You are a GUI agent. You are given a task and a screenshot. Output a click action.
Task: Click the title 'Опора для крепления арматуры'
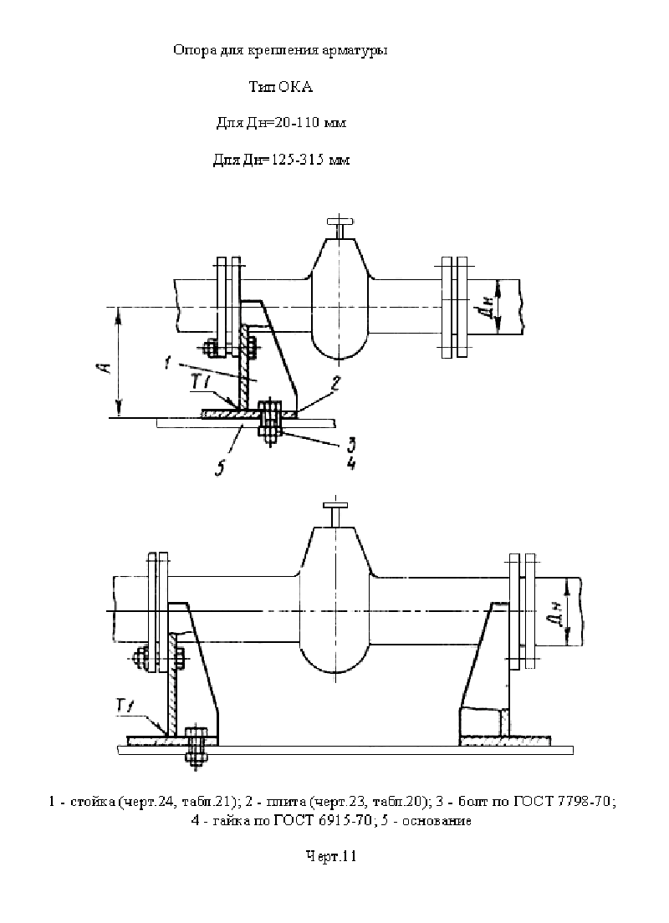[x=280, y=51]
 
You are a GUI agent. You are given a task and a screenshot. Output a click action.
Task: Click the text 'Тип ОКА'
[x=280, y=88]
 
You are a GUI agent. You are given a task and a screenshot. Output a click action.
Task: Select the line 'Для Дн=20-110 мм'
[x=281, y=123]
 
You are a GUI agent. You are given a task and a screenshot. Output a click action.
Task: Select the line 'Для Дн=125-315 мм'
[x=281, y=160]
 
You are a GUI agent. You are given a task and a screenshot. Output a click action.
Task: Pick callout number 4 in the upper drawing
[x=351, y=462]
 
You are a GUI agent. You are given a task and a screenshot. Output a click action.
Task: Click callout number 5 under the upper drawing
[x=220, y=468]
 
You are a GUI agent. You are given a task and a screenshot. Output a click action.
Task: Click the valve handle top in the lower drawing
[x=335, y=505]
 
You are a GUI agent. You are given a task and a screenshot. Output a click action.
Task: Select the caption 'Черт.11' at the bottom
[x=331, y=856]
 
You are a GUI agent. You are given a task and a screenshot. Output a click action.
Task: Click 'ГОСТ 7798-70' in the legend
[x=564, y=802]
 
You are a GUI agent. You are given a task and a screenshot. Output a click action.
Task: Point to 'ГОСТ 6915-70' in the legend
[x=321, y=820]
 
